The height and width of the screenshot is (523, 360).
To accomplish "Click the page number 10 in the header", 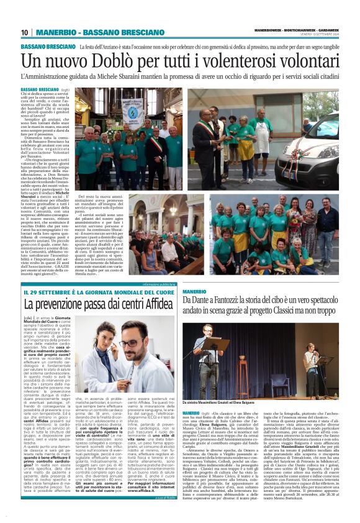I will pos(25,32).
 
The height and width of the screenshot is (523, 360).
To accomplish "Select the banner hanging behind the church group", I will pos(131,112).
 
